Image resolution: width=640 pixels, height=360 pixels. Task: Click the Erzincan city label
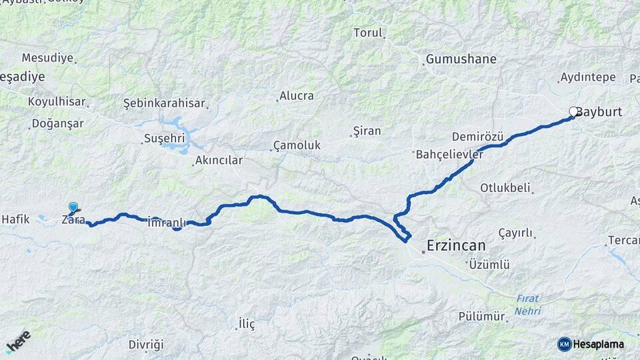pyautogui.click(x=457, y=245)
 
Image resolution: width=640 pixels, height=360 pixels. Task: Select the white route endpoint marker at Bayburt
pyautogui.click(x=573, y=112)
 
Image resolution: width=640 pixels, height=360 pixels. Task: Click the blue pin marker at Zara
pyautogui.click(x=73, y=208)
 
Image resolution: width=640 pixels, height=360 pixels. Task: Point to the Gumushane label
pyautogui.click(x=461, y=59)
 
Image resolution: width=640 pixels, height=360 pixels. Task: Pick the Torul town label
pyautogui.click(x=368, y=33)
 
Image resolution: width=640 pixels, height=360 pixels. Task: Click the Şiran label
pyautogui.click(x=367, y=131)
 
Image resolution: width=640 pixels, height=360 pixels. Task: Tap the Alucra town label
pyautogui.click(x=297, y=95)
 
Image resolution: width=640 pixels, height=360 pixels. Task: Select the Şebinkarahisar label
pyautogui.click(x=165, y=103)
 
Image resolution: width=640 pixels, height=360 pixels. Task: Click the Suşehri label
pyautogui.click(x=164, y=139)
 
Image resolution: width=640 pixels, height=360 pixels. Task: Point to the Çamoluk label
pyautogui.click(x=297, y=145)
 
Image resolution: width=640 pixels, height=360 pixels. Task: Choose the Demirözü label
pyautogui.click(x=477, y=137)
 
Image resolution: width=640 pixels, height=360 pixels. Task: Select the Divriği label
pyautogui.click(x=146, y=345)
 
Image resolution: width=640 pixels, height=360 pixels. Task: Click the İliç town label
pyautogui.click(x=247, y=324)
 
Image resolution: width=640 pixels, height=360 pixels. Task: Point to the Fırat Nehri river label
pyautogui.click(x=527, y=305)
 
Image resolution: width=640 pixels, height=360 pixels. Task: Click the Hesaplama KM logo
pyautogui.click(x=591, y=344)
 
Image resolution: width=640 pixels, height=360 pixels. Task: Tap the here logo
pyautogui.click(x=18, y=341)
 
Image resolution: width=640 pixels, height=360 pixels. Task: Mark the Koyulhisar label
pyautogui.click(x=57, y=101)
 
